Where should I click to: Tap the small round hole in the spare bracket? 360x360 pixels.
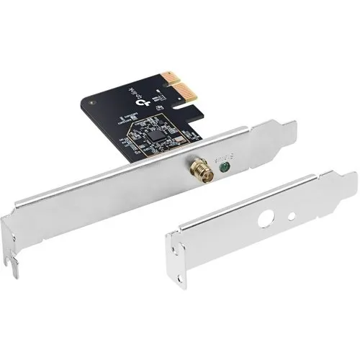click(291, 215)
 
